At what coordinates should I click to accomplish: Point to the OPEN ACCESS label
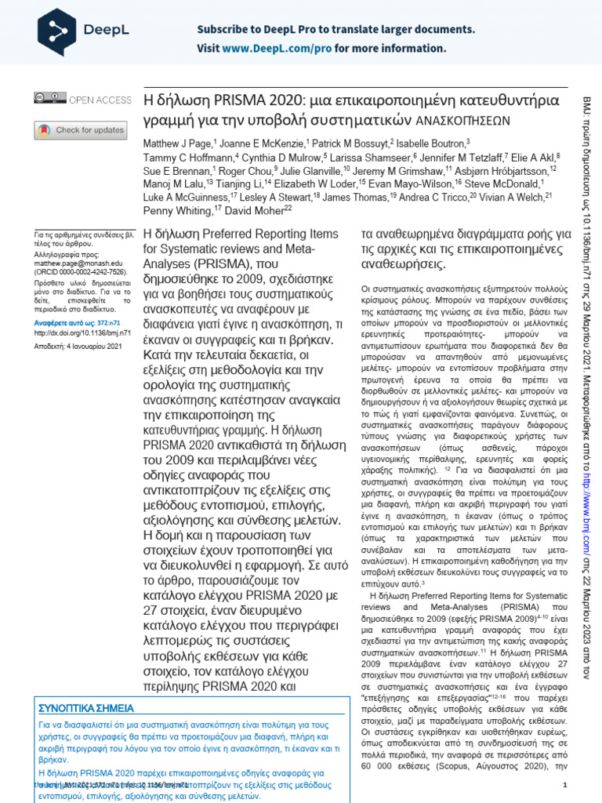tap(100, 100)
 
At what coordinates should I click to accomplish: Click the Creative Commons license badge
tap(49, 99)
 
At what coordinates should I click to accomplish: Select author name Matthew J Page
tap(177, 144)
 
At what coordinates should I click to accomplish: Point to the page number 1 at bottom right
tap(565, 786)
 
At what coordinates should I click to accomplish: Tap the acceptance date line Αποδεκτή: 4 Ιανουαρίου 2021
tap(77, 346)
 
